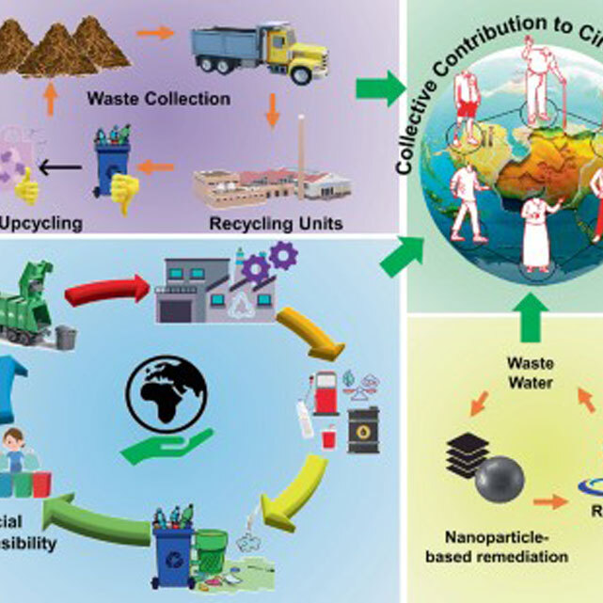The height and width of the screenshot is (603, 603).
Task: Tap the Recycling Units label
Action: click(x=268, y=225)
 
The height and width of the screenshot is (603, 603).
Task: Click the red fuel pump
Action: click(x=325, y=394)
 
